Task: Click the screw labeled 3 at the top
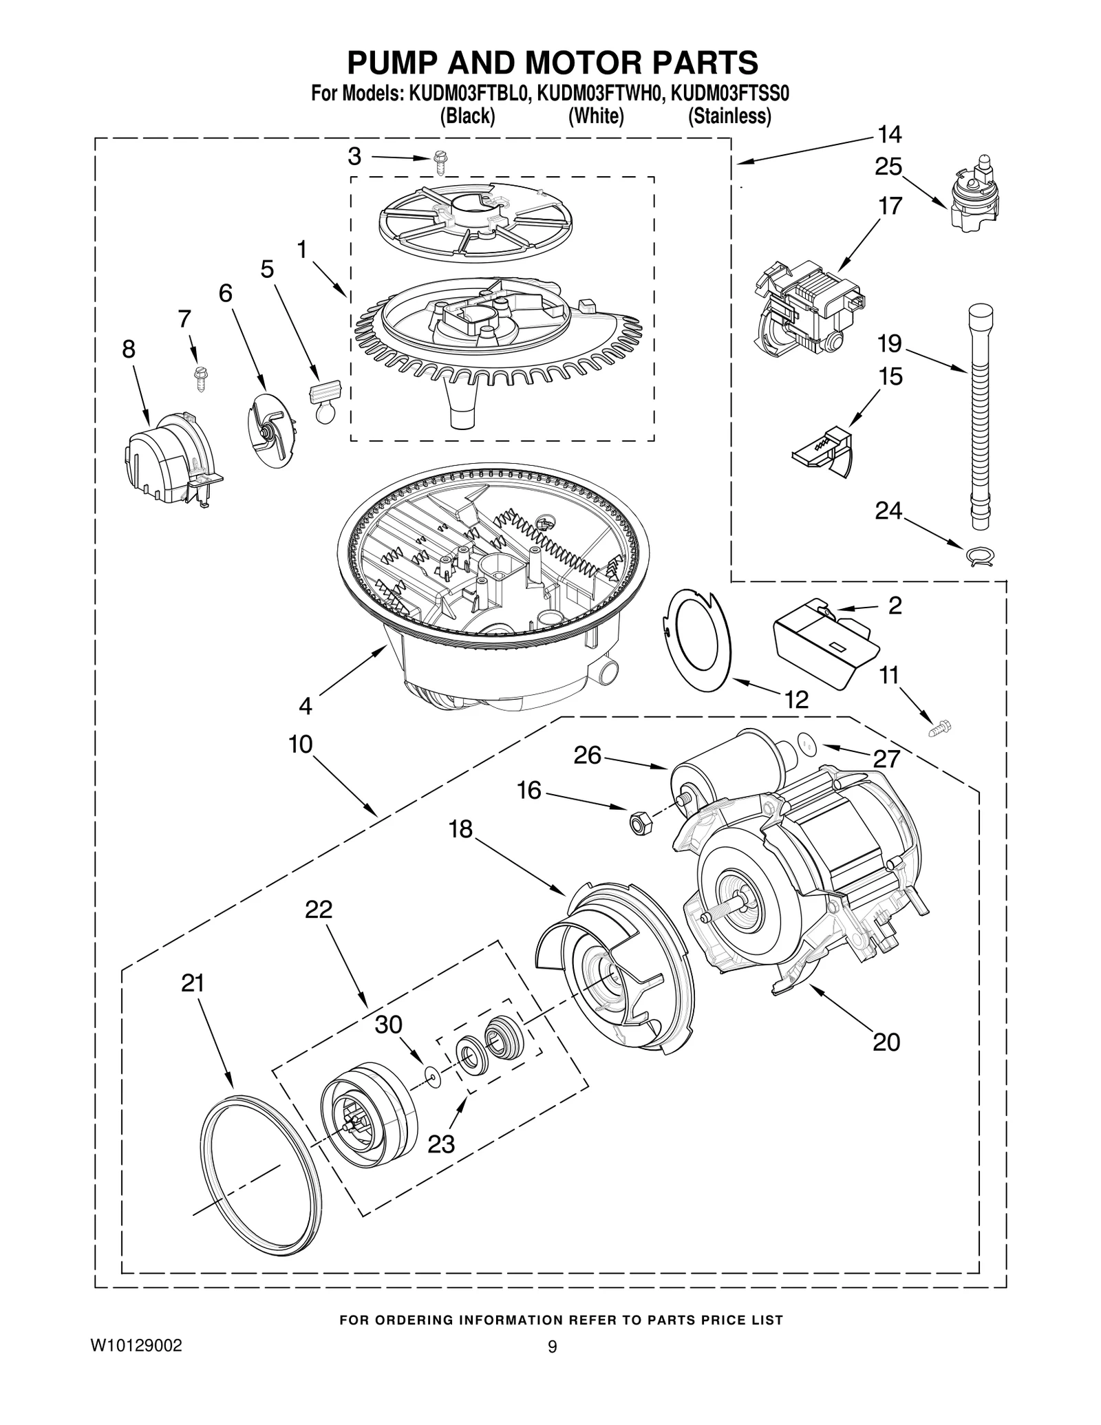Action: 440,164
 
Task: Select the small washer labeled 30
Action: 432,1074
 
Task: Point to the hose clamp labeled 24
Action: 978,555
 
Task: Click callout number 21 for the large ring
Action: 193,983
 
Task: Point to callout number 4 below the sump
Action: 305,706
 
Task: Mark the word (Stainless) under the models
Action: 729,116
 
